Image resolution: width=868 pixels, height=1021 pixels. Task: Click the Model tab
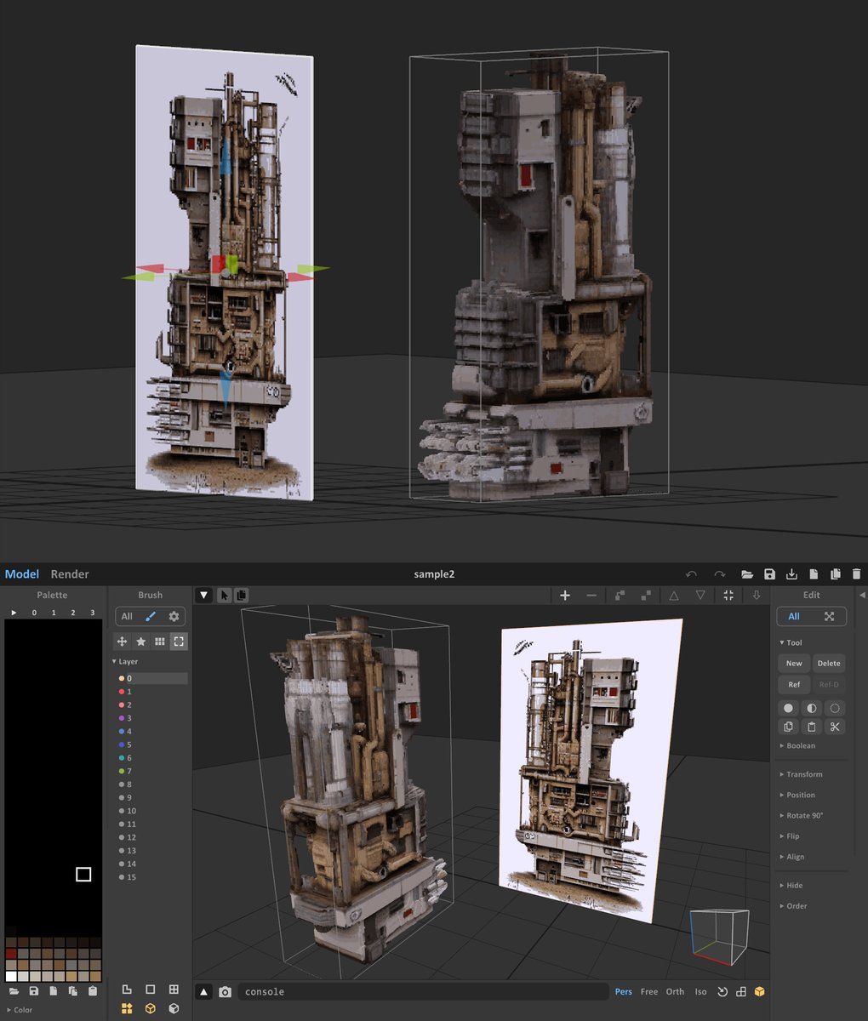22,574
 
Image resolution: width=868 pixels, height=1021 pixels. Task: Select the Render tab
70,574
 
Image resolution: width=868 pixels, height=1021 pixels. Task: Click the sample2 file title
434,574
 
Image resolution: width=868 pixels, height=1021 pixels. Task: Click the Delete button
829,664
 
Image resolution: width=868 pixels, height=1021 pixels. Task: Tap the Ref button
793,685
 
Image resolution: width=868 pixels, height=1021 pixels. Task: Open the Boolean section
800,745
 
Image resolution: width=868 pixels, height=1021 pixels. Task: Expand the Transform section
804,774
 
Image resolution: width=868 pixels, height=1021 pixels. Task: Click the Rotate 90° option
804,815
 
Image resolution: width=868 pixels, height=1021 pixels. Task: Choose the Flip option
792,836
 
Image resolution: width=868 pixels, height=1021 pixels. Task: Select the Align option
795,857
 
